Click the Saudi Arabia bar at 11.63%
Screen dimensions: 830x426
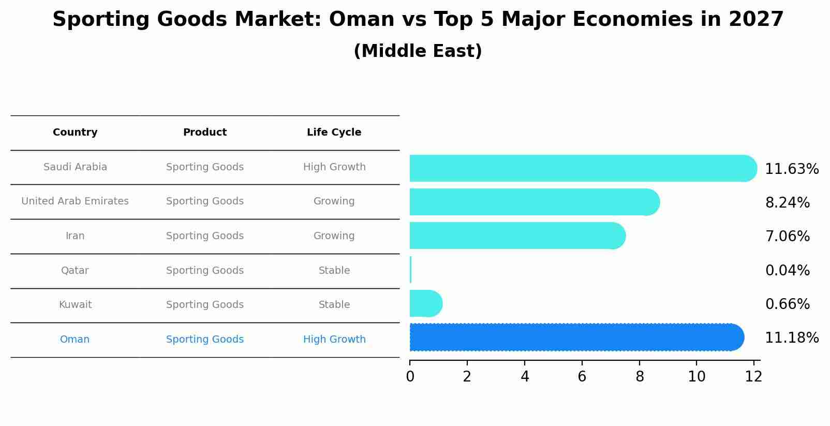(x=583, y=168)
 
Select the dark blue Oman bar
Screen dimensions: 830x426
(x=577, y=337)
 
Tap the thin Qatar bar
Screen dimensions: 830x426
(x=410, y=270)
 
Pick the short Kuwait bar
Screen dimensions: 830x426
(x=426, y=303)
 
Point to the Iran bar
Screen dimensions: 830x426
(x=517, y=236)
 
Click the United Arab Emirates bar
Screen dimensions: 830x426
(x=535, y=202)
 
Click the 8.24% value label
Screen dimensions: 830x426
(x=788, y=202)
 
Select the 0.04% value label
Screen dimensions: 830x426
(x=788, y=270)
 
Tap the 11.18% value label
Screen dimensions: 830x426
(x=792, y=337)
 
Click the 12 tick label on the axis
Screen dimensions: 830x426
(x=753, y=376)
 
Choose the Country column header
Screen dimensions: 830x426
(x=75, y=132)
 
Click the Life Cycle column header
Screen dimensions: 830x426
(x=334, y=132)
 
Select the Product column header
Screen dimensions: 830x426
(x=205, y=132)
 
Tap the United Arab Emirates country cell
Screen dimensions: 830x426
(x=75, y=201)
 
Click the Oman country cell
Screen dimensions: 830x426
(x=75, y=339)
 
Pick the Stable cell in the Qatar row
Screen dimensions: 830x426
(x=334, y=270)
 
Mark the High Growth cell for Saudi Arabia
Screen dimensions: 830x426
(x=334, y=167)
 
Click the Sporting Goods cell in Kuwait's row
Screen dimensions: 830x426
(x=205, y=304)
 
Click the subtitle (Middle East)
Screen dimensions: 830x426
(x=418, y=51)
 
